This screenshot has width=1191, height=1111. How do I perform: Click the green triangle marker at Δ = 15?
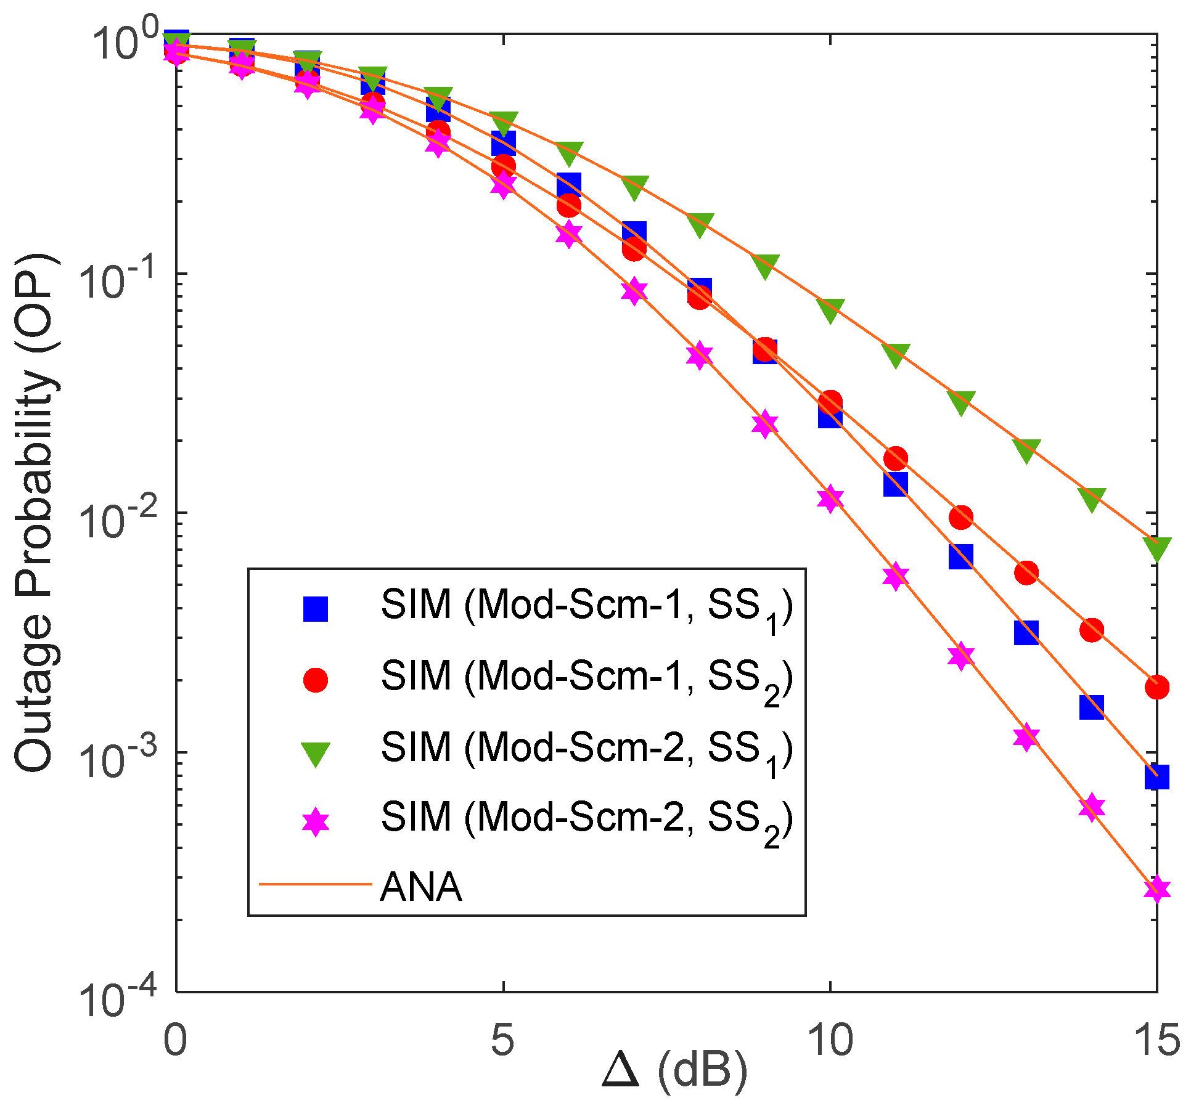tap(1156, 547)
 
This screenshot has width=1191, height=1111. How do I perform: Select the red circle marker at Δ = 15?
tap(1156, 686)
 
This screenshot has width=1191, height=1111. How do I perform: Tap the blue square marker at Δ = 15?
tap(1156, 777)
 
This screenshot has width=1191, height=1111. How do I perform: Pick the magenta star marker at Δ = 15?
tap(1156, 888)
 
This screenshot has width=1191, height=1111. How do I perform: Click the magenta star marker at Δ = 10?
tap(830, 498)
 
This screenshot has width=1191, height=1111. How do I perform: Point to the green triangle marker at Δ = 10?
tap(830, 309)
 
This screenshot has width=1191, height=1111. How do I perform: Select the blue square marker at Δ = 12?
tap(960, 556)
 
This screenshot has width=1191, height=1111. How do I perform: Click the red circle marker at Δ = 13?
tap(1026, 572)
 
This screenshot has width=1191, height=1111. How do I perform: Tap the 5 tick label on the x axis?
tap(502, 1040)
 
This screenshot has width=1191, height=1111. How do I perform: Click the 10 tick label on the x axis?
tap(830, 1040)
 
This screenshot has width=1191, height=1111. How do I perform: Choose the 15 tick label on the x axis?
tap(1155, 1040)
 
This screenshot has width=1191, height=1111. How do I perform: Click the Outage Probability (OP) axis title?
tap(37, 511)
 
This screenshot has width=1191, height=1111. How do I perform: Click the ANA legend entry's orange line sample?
tap(315, 885)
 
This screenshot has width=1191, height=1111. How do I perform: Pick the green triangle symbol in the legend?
tap(315, 753)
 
